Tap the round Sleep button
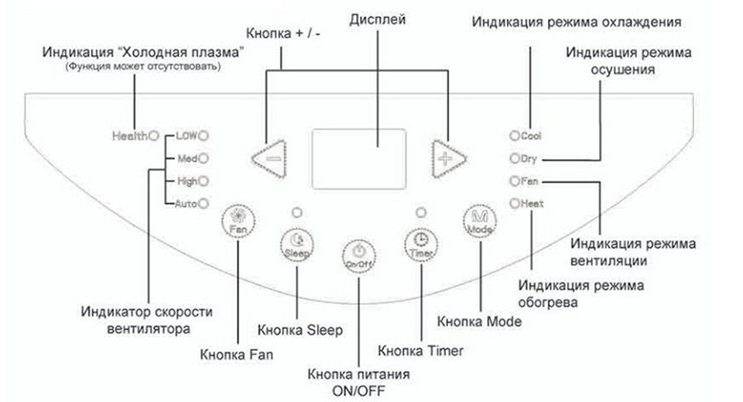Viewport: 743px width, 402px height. [x=297, y=245]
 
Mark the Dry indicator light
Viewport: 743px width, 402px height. [x=514, y=159]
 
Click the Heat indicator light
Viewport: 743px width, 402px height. [x=514, y=204]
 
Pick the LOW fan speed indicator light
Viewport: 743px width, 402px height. [x=204, y=136]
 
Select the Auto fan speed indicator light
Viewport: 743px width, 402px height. [x=202, y=204]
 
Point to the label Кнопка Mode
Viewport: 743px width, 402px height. [x=480, y=320]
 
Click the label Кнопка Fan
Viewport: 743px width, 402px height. [x=236, y=355]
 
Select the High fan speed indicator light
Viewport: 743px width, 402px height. [x=203, y=181]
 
